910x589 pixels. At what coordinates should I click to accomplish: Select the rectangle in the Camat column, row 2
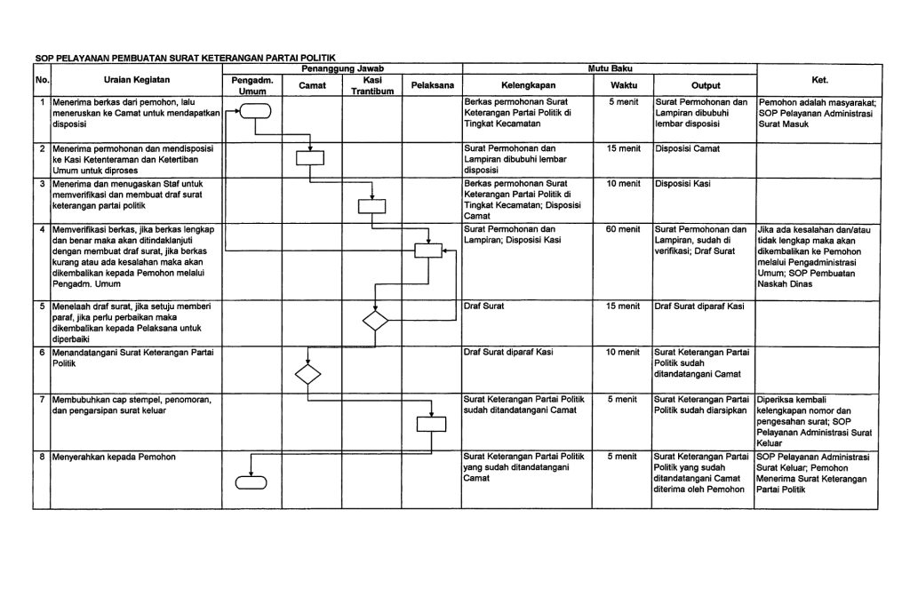[x=310, y=158]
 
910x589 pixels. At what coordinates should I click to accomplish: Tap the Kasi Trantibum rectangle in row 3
[x=371, y=207]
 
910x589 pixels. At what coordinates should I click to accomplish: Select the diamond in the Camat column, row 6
[x=308, y=373]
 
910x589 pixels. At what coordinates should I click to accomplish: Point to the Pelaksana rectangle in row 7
[x=431, y=424]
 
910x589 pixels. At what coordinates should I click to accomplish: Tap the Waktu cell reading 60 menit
[x=622, y=230]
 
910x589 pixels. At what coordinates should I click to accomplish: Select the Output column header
[x=705, y=85]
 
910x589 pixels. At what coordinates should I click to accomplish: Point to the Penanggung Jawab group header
[x=342, y=68]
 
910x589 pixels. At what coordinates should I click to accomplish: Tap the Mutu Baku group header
[x=609, y=68]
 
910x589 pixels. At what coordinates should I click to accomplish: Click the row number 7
[x=42, y=400]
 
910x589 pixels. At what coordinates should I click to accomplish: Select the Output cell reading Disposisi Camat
[x=687, y=148]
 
